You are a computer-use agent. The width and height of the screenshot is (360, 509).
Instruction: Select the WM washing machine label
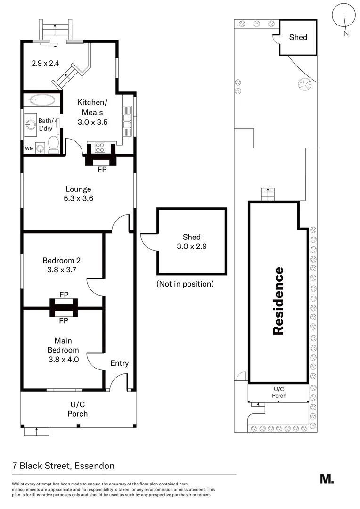tap(29, 148)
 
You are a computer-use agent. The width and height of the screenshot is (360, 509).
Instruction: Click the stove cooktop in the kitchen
tap(100, 147)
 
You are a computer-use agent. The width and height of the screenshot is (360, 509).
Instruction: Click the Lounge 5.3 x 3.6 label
tap(79, 194)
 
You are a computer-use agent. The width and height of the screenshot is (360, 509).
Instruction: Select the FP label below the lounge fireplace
tap(101, 170)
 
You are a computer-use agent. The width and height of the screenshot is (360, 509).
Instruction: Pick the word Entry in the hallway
tap(119, 363)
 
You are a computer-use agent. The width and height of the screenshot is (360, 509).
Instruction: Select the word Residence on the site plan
tap(278, 301)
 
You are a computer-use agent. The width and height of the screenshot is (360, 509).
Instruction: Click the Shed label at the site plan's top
tap(298, 37)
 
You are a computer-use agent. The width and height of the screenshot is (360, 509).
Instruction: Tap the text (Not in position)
tap(185, 284)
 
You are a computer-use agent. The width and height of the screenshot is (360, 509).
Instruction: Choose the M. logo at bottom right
tap(327, 478)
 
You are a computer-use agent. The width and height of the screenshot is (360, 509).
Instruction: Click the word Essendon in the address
tap(94, 466)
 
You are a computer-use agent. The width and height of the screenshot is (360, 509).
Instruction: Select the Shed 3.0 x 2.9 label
tap(191, 242)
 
